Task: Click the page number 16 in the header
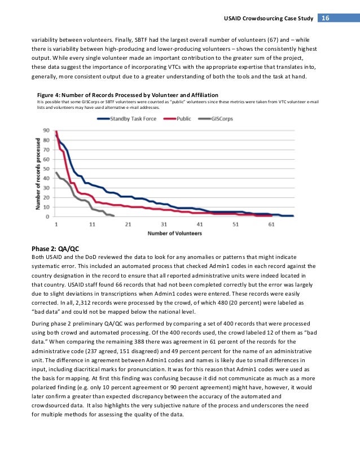[326, 18]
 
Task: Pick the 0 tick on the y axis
[47, 217]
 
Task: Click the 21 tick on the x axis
[128, 224]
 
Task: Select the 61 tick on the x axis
[271, 224]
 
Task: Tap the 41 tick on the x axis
[200, 224]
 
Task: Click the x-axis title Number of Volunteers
[174, 233]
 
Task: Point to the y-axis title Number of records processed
[39, 173]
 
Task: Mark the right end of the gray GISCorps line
[114, 216]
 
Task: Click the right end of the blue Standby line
[293, 216]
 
